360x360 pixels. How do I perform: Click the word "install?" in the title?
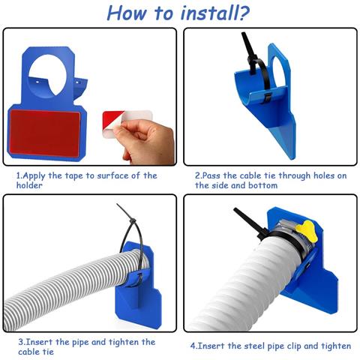click(215, 13)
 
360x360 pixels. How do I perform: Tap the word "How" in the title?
click(127, 13)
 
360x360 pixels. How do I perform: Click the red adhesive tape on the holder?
click(45, 133)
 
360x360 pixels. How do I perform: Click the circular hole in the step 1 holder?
click(47, 75)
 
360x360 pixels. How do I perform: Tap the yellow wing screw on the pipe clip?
click(309, 231)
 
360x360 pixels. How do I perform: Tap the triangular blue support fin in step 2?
click(285, 140)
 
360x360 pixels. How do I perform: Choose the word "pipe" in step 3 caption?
click(80, 343)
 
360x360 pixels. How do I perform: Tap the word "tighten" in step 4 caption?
click(336, 346)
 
